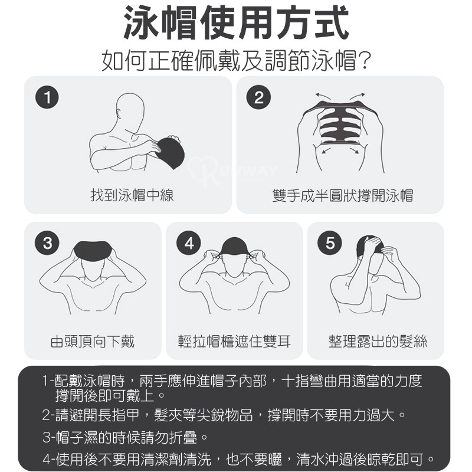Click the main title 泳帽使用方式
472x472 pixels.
[x=237, y=23]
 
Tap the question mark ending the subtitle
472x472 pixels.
[x=364, y=60]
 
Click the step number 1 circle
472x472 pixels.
[x=47, y=97]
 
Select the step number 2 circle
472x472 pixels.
[x=259, y=97]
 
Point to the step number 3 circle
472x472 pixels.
[x=47, y=243]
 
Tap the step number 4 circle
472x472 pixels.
[x=189, y=243]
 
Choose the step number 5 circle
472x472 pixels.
[x=330, y=243]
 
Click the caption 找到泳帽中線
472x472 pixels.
[x=132, y=195]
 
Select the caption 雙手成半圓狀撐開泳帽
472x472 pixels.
[x=343, y=195]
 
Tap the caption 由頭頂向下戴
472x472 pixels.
[x=93, y=342]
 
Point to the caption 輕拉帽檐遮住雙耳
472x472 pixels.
[x=234, y=342]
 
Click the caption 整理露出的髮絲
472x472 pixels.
[x=378, y=342]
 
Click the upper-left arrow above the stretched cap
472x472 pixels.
[x=323, y=96]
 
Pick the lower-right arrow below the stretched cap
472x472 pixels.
[x=355, y=150]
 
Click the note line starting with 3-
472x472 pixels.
[x=125, y=437]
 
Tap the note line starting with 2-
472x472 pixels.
[x=224, y=415]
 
